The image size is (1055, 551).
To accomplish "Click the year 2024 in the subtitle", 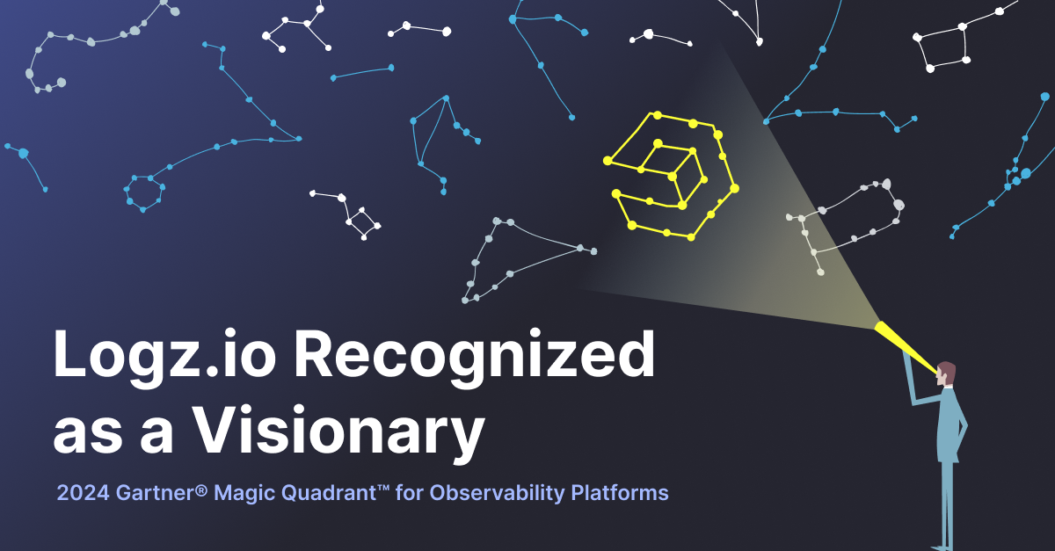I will (x=82, y=493).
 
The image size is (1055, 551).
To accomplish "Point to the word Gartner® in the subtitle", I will (x=157, y=493).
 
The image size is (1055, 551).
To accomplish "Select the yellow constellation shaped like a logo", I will (x=673, y=176).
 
